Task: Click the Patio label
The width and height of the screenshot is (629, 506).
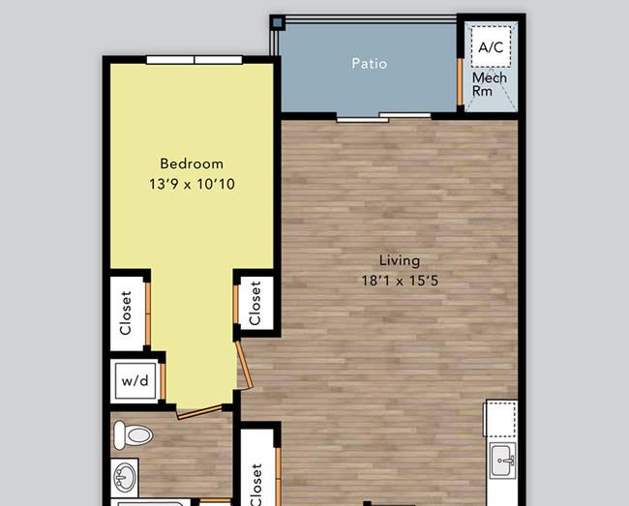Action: [369, 63]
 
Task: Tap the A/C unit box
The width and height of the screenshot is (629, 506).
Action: [491, 46]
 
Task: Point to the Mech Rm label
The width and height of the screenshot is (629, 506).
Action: [489, 84]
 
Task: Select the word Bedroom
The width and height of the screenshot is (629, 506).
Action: [192, 164]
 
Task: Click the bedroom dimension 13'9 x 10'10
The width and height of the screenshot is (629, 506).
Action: [192, 184]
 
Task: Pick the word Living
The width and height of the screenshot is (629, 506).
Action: [400, 260]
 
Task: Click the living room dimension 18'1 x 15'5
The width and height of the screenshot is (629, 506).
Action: [400, 281]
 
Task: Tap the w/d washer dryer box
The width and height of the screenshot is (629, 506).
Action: [135, 380]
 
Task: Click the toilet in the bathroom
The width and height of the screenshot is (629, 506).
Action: [134, 435]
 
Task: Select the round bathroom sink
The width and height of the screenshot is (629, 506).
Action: [125, 477]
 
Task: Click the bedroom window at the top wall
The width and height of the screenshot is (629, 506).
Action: [195, 60]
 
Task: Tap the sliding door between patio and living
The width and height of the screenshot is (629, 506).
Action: [383, 117]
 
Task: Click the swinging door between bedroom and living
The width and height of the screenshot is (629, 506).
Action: [244, 364]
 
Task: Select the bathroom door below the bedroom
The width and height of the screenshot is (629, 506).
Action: [199, 412]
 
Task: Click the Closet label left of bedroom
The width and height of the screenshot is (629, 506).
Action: [126, 313]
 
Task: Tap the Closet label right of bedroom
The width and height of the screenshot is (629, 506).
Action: [255, 303]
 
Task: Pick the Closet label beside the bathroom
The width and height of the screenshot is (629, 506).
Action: [255, 485]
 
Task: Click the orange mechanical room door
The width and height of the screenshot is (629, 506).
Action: [460, 82]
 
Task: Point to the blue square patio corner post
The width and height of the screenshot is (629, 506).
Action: [277, 22]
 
